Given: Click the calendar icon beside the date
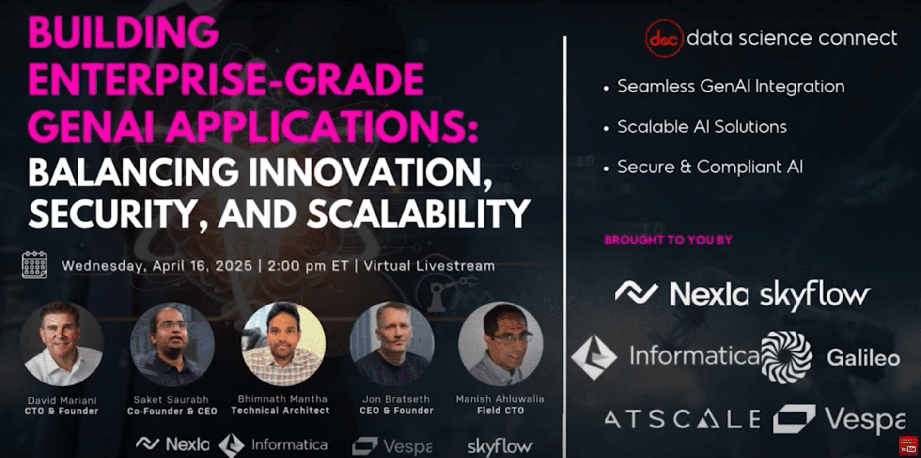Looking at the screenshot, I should [34, 265].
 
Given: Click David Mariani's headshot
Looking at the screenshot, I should [62, 344].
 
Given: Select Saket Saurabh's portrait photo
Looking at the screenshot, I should [172, 344].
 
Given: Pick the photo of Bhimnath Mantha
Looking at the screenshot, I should [283, 344].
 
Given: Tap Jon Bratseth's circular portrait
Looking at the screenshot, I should [392, 344].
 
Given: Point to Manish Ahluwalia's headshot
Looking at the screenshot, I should [500, 344].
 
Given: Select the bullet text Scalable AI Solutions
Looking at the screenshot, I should [702, 127].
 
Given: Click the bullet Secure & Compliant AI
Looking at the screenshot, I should [710, 167].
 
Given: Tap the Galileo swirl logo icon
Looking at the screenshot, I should [786, 357].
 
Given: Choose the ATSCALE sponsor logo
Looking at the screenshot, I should [683, 419].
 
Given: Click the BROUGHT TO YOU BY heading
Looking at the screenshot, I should [668, 240].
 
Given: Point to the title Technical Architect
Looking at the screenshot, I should [281, 411].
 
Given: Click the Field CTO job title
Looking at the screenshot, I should [500, 411].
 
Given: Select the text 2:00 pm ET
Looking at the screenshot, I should [308, 266].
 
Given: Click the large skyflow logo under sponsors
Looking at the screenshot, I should [815, 294].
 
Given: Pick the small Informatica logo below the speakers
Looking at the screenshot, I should [273, 444].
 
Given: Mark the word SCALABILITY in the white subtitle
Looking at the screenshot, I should [419, 214].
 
